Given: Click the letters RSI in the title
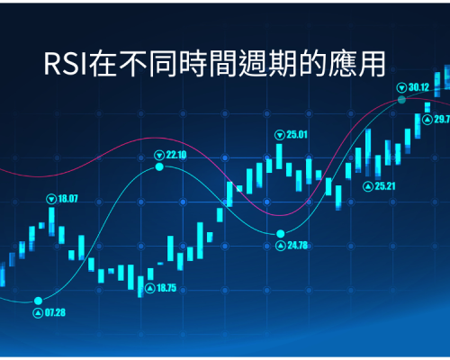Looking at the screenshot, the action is (66, 64).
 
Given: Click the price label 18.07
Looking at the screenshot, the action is (67, 199).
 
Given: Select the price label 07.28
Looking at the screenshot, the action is (55, 312).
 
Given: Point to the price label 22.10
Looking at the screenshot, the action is (176, 155).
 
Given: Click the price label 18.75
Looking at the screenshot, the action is (166, 288).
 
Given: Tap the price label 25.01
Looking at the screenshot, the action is (297, 135).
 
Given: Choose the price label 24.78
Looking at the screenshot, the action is (298, 246).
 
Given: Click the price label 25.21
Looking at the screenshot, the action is (385, 186).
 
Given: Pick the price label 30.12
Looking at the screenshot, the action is (419, 87).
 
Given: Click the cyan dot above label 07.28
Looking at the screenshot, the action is (38, 301).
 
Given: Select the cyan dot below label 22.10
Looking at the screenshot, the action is (159, 166).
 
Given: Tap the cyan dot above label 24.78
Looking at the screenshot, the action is (281, 233).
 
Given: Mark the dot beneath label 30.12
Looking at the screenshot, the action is (401, 100).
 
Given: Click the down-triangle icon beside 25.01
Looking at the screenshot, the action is (280, 135).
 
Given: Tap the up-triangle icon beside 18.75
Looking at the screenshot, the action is (150, 289).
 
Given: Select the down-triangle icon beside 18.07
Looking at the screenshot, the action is (51, 199).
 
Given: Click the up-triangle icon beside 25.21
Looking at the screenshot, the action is (368, 186).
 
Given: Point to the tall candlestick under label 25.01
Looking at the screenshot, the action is (279, 157).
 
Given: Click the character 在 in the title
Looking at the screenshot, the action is (103, 64).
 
